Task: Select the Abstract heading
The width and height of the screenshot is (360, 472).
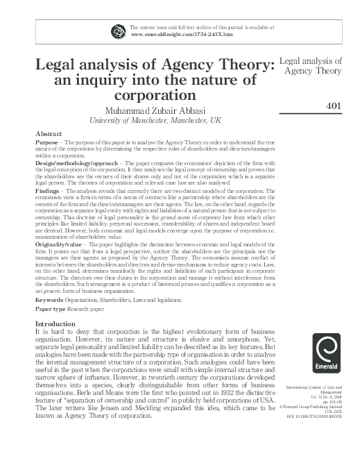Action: pyautogui.click(x=48, y=133)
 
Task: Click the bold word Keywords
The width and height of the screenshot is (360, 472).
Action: pyautogui.click(x=50, y=300)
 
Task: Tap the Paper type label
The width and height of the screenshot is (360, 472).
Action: pyautogui.click(x=51, y=309)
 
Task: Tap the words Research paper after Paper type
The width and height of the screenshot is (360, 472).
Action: pyautogui.click(x=88, y=309)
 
